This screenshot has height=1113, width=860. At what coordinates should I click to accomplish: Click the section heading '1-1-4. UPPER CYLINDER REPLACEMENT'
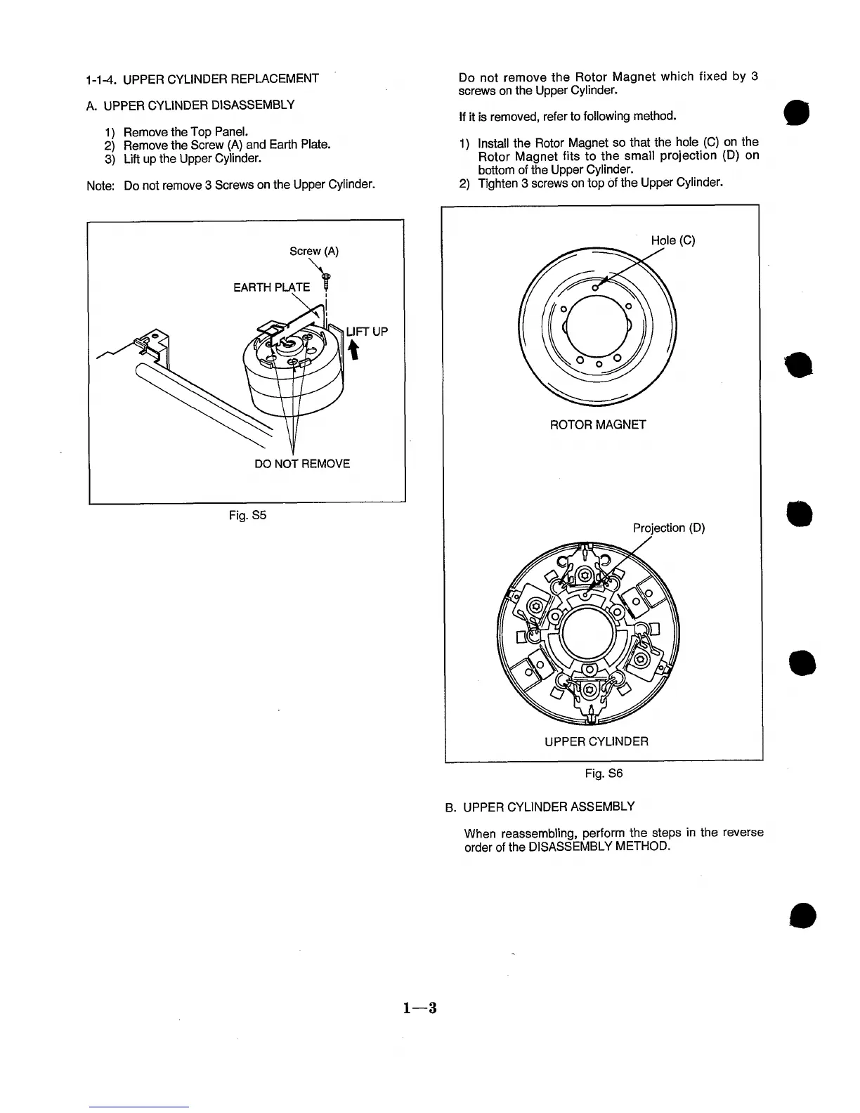(x=202, y=79)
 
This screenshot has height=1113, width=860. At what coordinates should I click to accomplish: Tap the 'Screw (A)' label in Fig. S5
(x=314, y=252)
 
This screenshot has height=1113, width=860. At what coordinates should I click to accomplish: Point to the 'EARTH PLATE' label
(x=271, y=287)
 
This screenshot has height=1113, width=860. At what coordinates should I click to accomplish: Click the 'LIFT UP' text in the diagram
(x=367, y=332)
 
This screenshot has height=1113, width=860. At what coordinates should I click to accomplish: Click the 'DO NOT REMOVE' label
(x=302, y=464)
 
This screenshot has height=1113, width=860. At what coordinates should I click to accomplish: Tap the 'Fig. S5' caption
(x=247, y=516)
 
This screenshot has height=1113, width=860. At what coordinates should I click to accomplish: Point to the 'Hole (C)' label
(x=672, y=240)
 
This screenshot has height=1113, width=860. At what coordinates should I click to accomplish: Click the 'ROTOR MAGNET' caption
(x=597, y=424)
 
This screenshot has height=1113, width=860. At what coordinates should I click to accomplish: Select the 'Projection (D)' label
(x=668, y=528)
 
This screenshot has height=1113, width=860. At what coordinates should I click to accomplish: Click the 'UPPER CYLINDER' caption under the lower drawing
(x=597, y=741)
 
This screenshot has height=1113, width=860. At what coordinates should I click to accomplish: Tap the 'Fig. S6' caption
(x=604, y=774)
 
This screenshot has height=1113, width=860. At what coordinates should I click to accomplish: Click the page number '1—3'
(x=420, y=1008)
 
